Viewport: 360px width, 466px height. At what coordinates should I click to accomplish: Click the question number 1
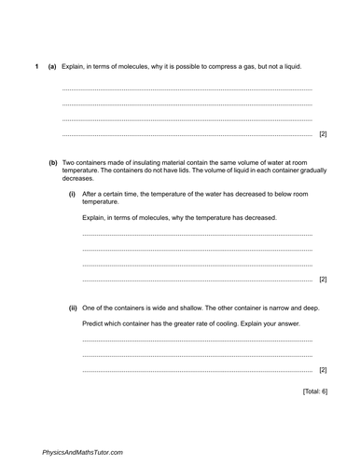tap(35, 64)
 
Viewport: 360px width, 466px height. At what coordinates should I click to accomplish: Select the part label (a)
tap(52, 64)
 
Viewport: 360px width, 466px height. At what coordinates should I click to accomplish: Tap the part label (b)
tap(52, 162)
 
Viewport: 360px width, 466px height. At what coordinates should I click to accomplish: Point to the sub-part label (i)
tap(72, 194)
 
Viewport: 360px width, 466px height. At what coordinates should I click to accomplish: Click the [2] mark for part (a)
tap(323, 134)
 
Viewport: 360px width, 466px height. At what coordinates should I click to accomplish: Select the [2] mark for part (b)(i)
tap(323, 279)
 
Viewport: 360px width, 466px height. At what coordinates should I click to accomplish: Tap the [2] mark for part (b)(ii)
tap(323, 370)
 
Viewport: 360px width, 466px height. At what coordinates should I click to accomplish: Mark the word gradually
tap(310, 170)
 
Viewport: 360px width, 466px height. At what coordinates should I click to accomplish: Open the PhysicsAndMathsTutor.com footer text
tap(82, 451)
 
